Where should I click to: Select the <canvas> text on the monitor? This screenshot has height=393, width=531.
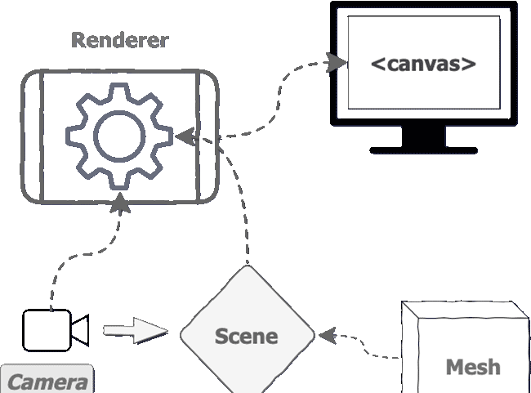coord(422,63)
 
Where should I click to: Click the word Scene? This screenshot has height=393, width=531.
coord(247,336)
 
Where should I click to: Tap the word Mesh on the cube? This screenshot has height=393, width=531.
coord(473,367)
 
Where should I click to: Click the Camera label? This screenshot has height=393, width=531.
coord(47,382)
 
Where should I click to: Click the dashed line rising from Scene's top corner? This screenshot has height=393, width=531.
coord(245,221)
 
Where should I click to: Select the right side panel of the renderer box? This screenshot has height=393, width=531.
coord(207,136)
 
